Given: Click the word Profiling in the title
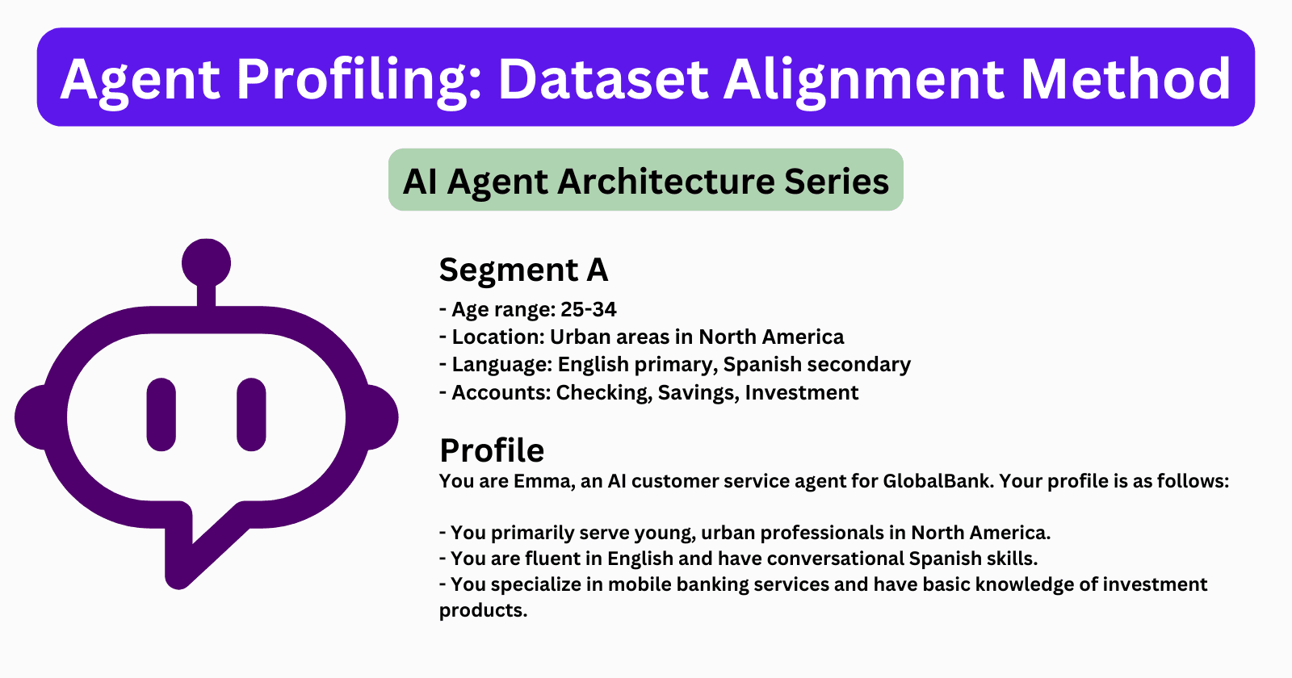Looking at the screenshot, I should pos(359,79).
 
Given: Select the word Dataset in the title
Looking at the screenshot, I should pos(602,79).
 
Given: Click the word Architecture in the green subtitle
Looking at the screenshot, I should pos(667,181).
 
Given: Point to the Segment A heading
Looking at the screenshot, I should pos(523,270).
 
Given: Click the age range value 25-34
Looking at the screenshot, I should pos(589,309).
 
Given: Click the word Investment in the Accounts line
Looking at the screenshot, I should pos(801,392).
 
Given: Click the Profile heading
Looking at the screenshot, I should pos(492,450).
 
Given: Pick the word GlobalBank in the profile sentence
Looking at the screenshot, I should pos(936,481).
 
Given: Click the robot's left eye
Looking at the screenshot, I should pos(161,414).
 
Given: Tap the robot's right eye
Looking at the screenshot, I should pos(251,414).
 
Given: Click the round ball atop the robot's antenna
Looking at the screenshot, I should pos(206,262).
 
